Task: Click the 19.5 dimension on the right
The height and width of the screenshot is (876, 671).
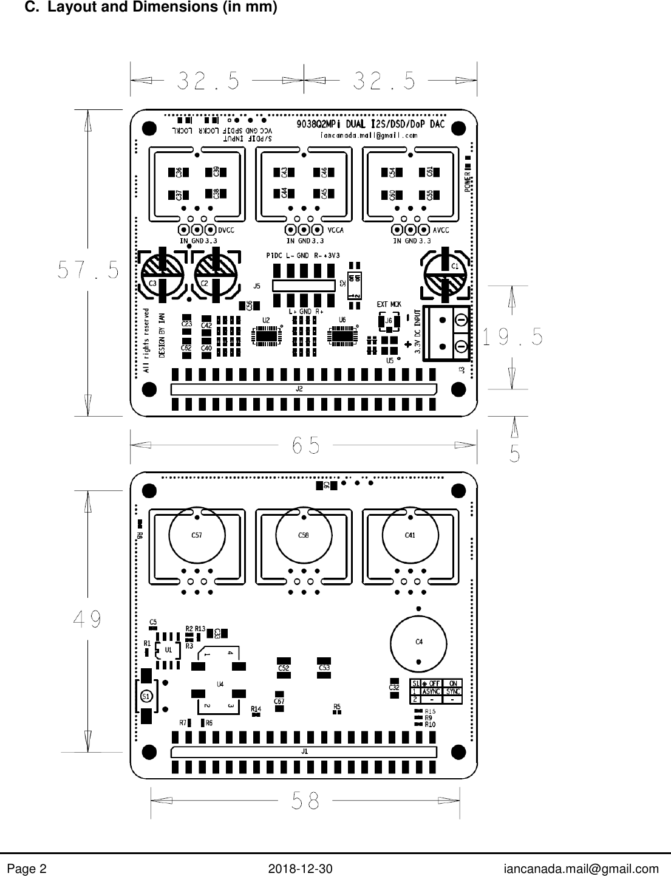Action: click(x=513, y=337)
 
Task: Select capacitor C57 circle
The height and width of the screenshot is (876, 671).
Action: click(x=197, y=535)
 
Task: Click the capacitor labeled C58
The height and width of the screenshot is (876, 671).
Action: click(x=303, y=535)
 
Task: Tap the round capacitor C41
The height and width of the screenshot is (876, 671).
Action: click(x=410, y=535)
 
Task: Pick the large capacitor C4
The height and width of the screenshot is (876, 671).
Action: click(x=418, y=642)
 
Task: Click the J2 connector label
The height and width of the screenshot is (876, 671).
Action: click(x=299, y=389)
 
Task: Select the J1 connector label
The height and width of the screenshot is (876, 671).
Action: click(x=305, y=751)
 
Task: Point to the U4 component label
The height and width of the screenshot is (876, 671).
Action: click(x=220, y=684)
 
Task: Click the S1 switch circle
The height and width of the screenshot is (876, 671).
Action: click(x=146, y=697)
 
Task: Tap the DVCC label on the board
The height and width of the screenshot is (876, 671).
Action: click(x=226, y=230)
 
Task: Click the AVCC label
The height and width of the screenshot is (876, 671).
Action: click(x=441, y=230)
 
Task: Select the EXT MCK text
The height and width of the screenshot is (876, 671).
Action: click(x=389, y=304)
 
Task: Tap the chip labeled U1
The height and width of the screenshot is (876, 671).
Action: click(x=168, y=650)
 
